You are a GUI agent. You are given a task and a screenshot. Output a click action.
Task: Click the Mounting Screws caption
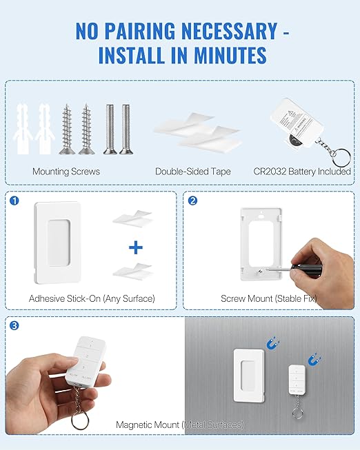66,172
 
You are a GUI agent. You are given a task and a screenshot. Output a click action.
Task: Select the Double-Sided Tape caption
192,172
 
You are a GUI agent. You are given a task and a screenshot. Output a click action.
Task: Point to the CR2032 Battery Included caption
303,172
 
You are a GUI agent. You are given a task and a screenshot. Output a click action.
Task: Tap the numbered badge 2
192,201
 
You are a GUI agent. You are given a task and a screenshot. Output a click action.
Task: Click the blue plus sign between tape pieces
136,247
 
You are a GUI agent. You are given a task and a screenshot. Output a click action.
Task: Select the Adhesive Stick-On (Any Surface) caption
92,298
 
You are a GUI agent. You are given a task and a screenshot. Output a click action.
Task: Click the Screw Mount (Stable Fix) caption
269,298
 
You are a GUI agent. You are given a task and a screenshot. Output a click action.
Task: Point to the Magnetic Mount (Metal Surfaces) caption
179,425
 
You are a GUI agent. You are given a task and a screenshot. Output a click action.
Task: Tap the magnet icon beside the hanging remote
314,359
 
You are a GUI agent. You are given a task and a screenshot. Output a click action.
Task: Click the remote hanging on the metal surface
297,383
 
